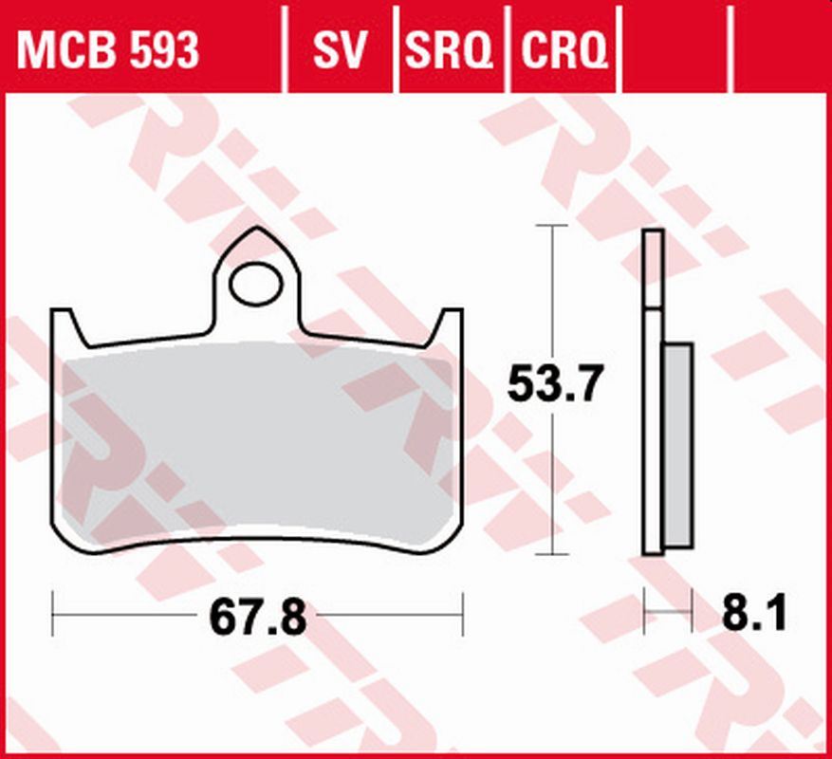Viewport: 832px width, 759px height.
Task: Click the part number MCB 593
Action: click(x=108, y=51)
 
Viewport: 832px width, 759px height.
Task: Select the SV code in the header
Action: click(x=340, y=51)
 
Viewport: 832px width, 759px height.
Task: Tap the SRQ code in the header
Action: click(x=451, y=51)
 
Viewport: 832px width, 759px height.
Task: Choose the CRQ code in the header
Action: click(x=564, y=51)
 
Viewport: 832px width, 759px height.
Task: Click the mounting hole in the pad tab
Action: click(x=257, y=285)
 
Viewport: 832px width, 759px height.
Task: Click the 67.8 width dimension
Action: click(x=257, y=619)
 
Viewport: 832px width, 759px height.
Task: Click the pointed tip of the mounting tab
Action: click(x=257, y=231)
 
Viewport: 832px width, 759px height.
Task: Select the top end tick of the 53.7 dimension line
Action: click(x=551, y=226)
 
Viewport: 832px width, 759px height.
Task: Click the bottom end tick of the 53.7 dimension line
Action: click(x=551, y=554)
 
